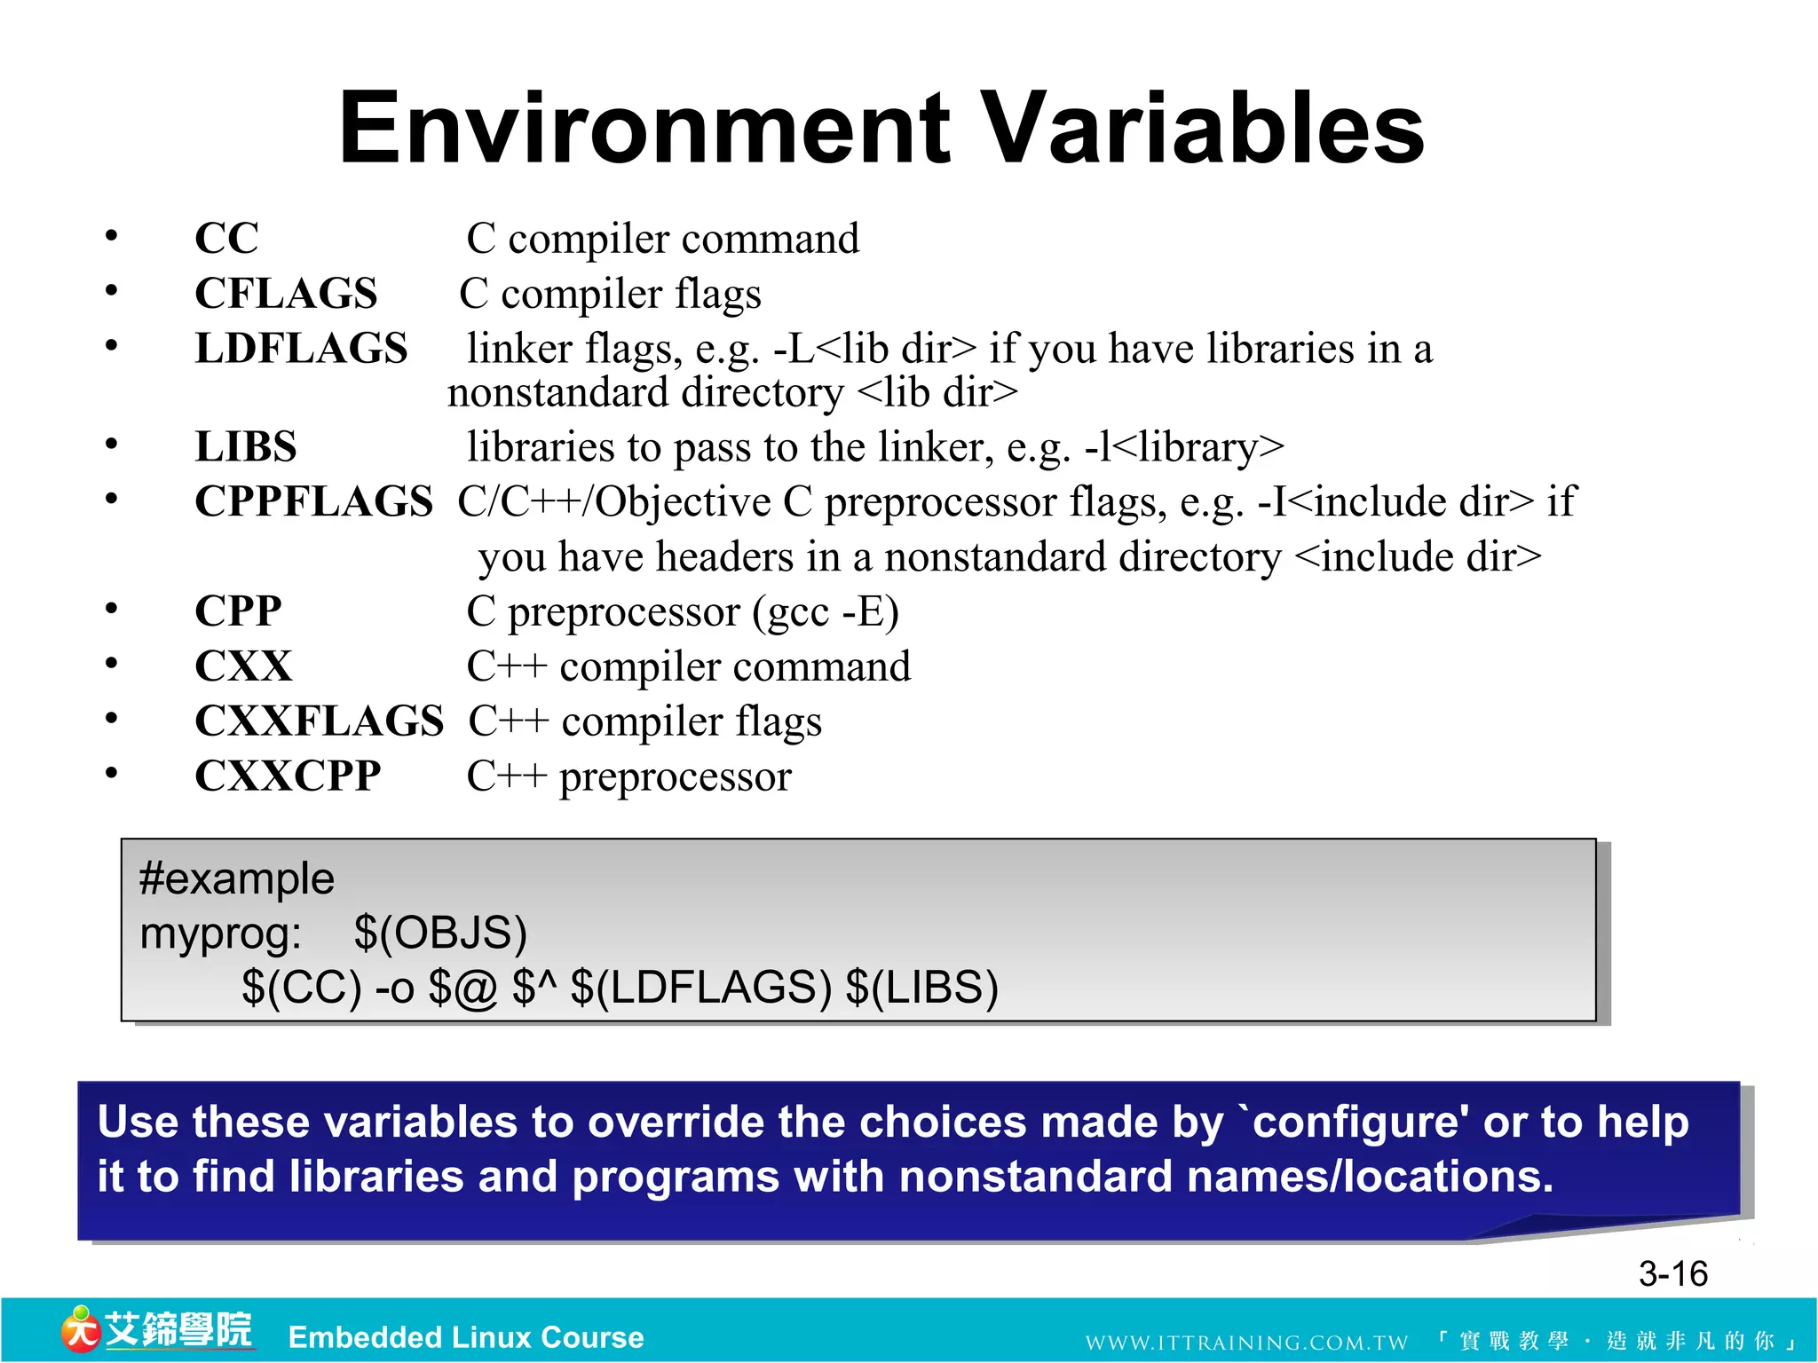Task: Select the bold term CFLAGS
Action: pos(286,294)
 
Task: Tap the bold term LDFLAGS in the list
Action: pos(301,348)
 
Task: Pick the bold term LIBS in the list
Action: pos(246,446)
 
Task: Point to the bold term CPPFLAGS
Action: pos(313,501)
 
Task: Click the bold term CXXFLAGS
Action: pos(319,721)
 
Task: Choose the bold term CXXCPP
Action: pos(288,776)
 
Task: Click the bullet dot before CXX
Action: pos(111,664)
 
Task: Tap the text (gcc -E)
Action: pos(826,611)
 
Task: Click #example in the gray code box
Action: pos(236,878)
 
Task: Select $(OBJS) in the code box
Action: pos(440,933)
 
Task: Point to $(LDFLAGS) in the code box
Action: pos(701,988)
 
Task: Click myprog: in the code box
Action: pos(220,934)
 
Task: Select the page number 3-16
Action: pos(1672,1274)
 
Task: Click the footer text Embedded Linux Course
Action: pos(466,1337)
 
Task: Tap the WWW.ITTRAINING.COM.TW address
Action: pos(1246,1342)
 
